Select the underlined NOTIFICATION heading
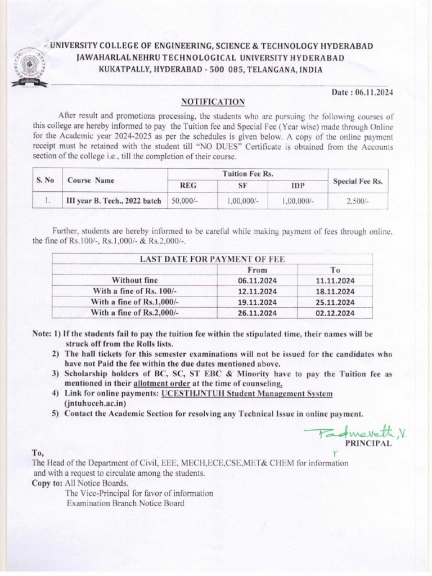[213, 102]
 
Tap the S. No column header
[45, 181]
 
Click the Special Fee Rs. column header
[358, 181]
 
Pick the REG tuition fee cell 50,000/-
[181, 201]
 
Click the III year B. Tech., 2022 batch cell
[114, 201]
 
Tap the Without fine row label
[135, 280]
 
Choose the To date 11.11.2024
[335, 280]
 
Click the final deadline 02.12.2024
[335, 313]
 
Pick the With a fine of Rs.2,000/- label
[135, 313]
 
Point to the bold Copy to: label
[48, 483]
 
